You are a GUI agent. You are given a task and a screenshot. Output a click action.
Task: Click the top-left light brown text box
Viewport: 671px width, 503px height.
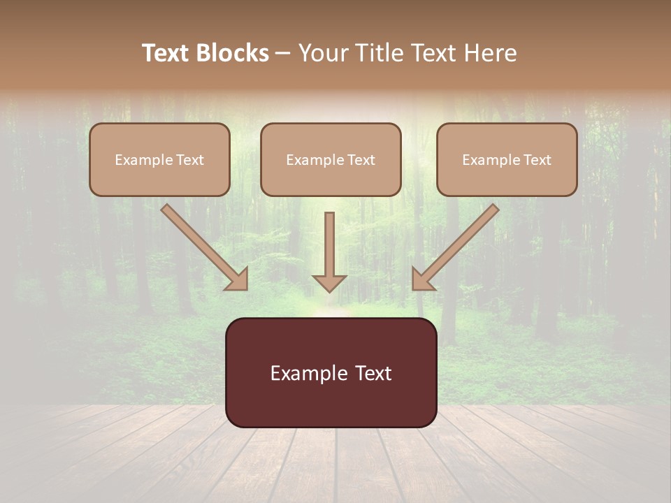[x=159, y=159]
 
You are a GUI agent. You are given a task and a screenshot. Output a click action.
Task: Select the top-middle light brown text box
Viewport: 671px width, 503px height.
[x=331, y=159]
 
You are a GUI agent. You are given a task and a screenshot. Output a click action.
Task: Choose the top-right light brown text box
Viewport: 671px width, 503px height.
[x=507, y=159]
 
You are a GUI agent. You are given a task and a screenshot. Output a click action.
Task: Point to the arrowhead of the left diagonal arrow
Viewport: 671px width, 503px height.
[x=238, y=279]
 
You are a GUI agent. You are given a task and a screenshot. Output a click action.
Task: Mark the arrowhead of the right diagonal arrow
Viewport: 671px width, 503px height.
[x=422, y=279]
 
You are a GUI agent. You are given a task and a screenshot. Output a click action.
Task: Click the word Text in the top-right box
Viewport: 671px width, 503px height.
[x=536, y=160]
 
